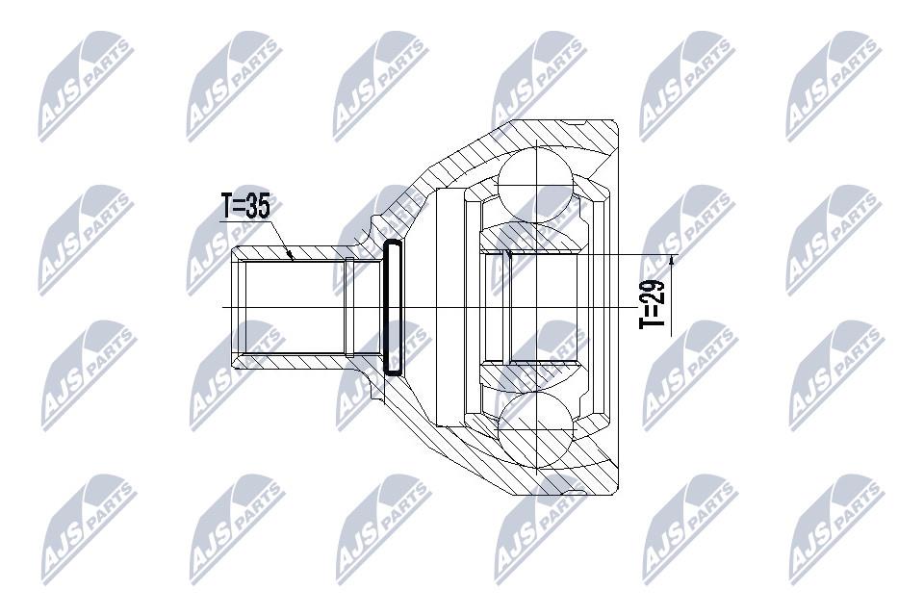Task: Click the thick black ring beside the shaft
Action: (393, 307)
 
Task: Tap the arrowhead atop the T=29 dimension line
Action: (673, 259)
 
